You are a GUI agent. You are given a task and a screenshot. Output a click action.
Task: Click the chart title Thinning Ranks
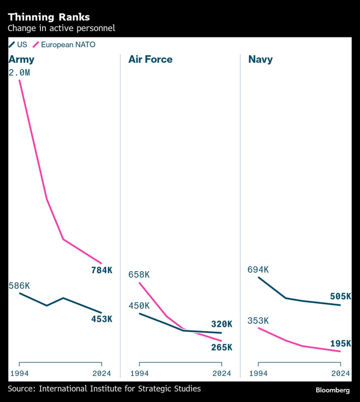pos(49,17)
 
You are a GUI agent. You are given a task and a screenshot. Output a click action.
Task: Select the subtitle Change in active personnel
pos(61,28)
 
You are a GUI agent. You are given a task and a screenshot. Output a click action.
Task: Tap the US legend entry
pos(18,45)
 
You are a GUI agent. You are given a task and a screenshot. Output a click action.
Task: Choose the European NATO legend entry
pos(64,45)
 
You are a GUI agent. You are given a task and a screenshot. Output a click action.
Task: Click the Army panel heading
pos(21,60)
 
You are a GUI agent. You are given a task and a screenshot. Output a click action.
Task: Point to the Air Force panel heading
pos(150,60)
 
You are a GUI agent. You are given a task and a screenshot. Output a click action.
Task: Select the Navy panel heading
pos(260,60)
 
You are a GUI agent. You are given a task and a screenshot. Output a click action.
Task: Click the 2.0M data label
pos(19,72)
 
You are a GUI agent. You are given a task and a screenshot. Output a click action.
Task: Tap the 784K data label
pos(102,270)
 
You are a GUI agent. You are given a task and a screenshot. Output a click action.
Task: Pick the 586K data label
pos(19,286)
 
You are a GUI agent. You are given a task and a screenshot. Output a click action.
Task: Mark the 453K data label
pos(102,319)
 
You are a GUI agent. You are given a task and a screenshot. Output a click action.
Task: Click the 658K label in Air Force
pos(139,275)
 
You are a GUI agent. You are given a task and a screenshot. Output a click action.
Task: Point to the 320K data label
pos(222,324)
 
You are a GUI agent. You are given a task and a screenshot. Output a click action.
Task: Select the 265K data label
pos(222,347)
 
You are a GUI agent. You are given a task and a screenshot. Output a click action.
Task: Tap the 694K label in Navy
pos(258,270)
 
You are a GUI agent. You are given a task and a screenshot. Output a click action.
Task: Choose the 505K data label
pos(341,296)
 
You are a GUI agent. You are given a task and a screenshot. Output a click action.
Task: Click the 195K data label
pos(341,344)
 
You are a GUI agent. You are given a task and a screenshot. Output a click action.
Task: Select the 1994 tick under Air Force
pos(140,373)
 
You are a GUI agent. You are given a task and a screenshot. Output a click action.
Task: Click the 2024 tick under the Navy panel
pos(340,373)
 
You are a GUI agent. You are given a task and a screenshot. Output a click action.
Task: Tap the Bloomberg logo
pos(333,390)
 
